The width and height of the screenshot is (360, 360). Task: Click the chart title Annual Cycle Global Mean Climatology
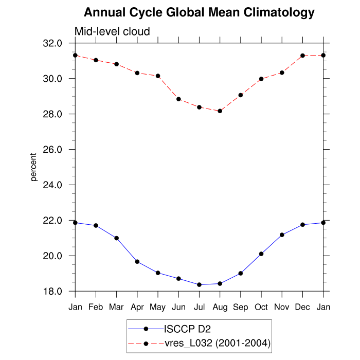(199, 12)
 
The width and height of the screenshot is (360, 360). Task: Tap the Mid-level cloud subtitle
(112, 31)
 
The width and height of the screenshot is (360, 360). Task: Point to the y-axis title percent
(34, 167)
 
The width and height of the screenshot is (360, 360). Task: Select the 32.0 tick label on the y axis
(53, 43)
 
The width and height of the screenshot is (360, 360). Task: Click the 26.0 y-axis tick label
(53, 150)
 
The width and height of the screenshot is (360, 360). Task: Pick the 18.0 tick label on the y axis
(53, 292)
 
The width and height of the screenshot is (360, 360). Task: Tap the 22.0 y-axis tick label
(53, 221)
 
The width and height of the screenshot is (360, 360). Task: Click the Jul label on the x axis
(199, 307)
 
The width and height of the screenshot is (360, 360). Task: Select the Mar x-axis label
(116, 307)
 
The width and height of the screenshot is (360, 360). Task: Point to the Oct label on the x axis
(261, 307)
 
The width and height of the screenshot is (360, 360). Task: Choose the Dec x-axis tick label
(302, 307)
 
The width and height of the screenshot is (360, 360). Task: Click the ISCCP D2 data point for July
(199, 285)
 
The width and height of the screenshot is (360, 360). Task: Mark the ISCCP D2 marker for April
(137, 262)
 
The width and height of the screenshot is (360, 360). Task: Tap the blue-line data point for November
(282, 235)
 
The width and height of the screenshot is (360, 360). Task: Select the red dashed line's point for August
(220, 111)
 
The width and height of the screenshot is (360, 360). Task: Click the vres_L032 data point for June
(178, 99)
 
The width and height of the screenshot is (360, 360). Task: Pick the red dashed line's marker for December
(302, 56)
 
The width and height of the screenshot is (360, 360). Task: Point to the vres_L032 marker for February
(96, 60)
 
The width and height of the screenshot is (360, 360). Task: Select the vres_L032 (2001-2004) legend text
(217, 343)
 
